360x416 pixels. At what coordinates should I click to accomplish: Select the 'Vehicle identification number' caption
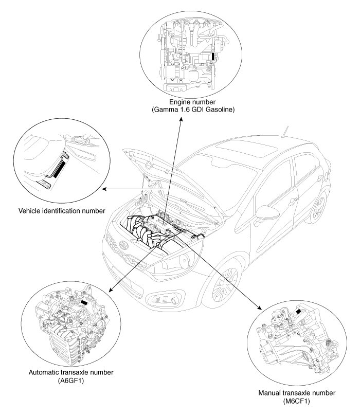(62, 210)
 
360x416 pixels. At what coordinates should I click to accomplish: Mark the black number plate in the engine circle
(212, 56)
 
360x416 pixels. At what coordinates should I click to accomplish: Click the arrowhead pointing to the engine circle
(181, 120)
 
